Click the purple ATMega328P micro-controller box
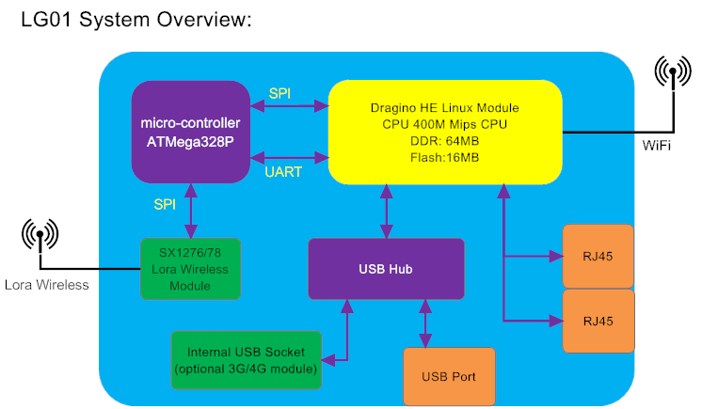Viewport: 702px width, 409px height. coord(190,132)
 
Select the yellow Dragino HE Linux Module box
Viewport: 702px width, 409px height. coord(444,132)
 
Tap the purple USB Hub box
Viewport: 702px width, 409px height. coord(386,269)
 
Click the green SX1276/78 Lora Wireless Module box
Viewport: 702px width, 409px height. coord(190,269)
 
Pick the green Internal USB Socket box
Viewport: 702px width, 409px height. coord(247,359)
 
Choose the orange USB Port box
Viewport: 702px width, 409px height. coord(448,376)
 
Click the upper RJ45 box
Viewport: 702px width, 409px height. coord(598,256)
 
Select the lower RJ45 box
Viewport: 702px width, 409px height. coord(598,321)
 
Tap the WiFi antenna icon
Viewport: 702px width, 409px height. coord(674,75)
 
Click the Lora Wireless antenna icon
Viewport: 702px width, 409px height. coord(40,237)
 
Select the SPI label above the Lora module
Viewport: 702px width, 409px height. coord(166,203)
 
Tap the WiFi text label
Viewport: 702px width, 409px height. coord(657,146)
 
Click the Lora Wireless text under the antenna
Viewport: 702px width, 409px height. coord(46,284)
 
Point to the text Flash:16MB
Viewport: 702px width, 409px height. coord(444,157)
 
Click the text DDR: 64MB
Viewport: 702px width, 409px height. coord(444,140)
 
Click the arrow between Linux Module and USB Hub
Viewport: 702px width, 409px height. coord(386,211)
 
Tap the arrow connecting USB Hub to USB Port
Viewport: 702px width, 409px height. coord(426,323)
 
